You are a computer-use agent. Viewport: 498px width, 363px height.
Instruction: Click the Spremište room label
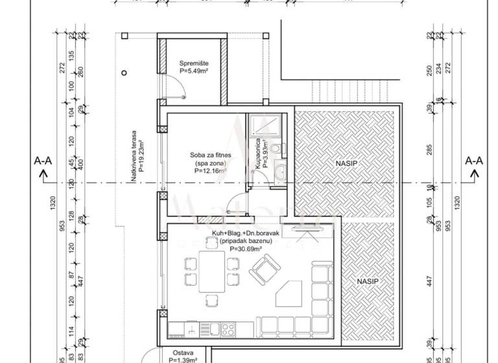point(193,62)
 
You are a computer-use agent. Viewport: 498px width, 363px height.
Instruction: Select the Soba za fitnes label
point(207,156)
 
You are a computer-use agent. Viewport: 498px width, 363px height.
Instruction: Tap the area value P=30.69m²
point(245,249)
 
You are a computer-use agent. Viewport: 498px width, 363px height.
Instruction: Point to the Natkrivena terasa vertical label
point(134,159)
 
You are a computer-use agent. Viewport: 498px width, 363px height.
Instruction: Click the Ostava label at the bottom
point(178,353)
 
